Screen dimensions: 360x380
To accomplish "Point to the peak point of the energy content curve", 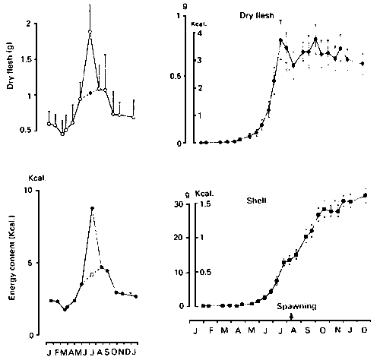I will tap(92, 208).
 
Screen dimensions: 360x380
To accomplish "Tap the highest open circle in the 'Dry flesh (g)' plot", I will tap(90, 32).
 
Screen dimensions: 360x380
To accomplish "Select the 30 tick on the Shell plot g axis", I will tap(181, 204).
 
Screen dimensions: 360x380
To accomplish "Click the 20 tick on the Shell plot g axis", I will tap(181, 238).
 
